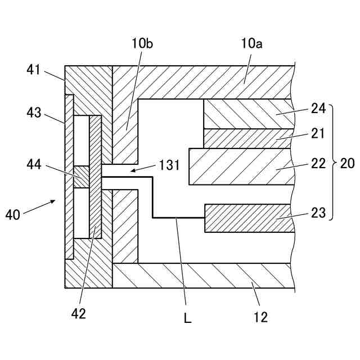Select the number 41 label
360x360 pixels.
[34, 70]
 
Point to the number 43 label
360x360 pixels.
[34, 113]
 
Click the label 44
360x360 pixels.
[34, 164]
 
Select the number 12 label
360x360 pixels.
[260, 318]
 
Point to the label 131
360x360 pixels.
[169, 165]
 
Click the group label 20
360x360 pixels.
[348, 164]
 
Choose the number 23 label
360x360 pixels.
[318, 213]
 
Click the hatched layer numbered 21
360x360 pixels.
[247, 138]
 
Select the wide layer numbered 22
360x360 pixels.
[242, 166]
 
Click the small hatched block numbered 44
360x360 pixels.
[82, 177]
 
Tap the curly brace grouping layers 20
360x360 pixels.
[331, 162]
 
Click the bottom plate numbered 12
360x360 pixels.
[202, 276]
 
